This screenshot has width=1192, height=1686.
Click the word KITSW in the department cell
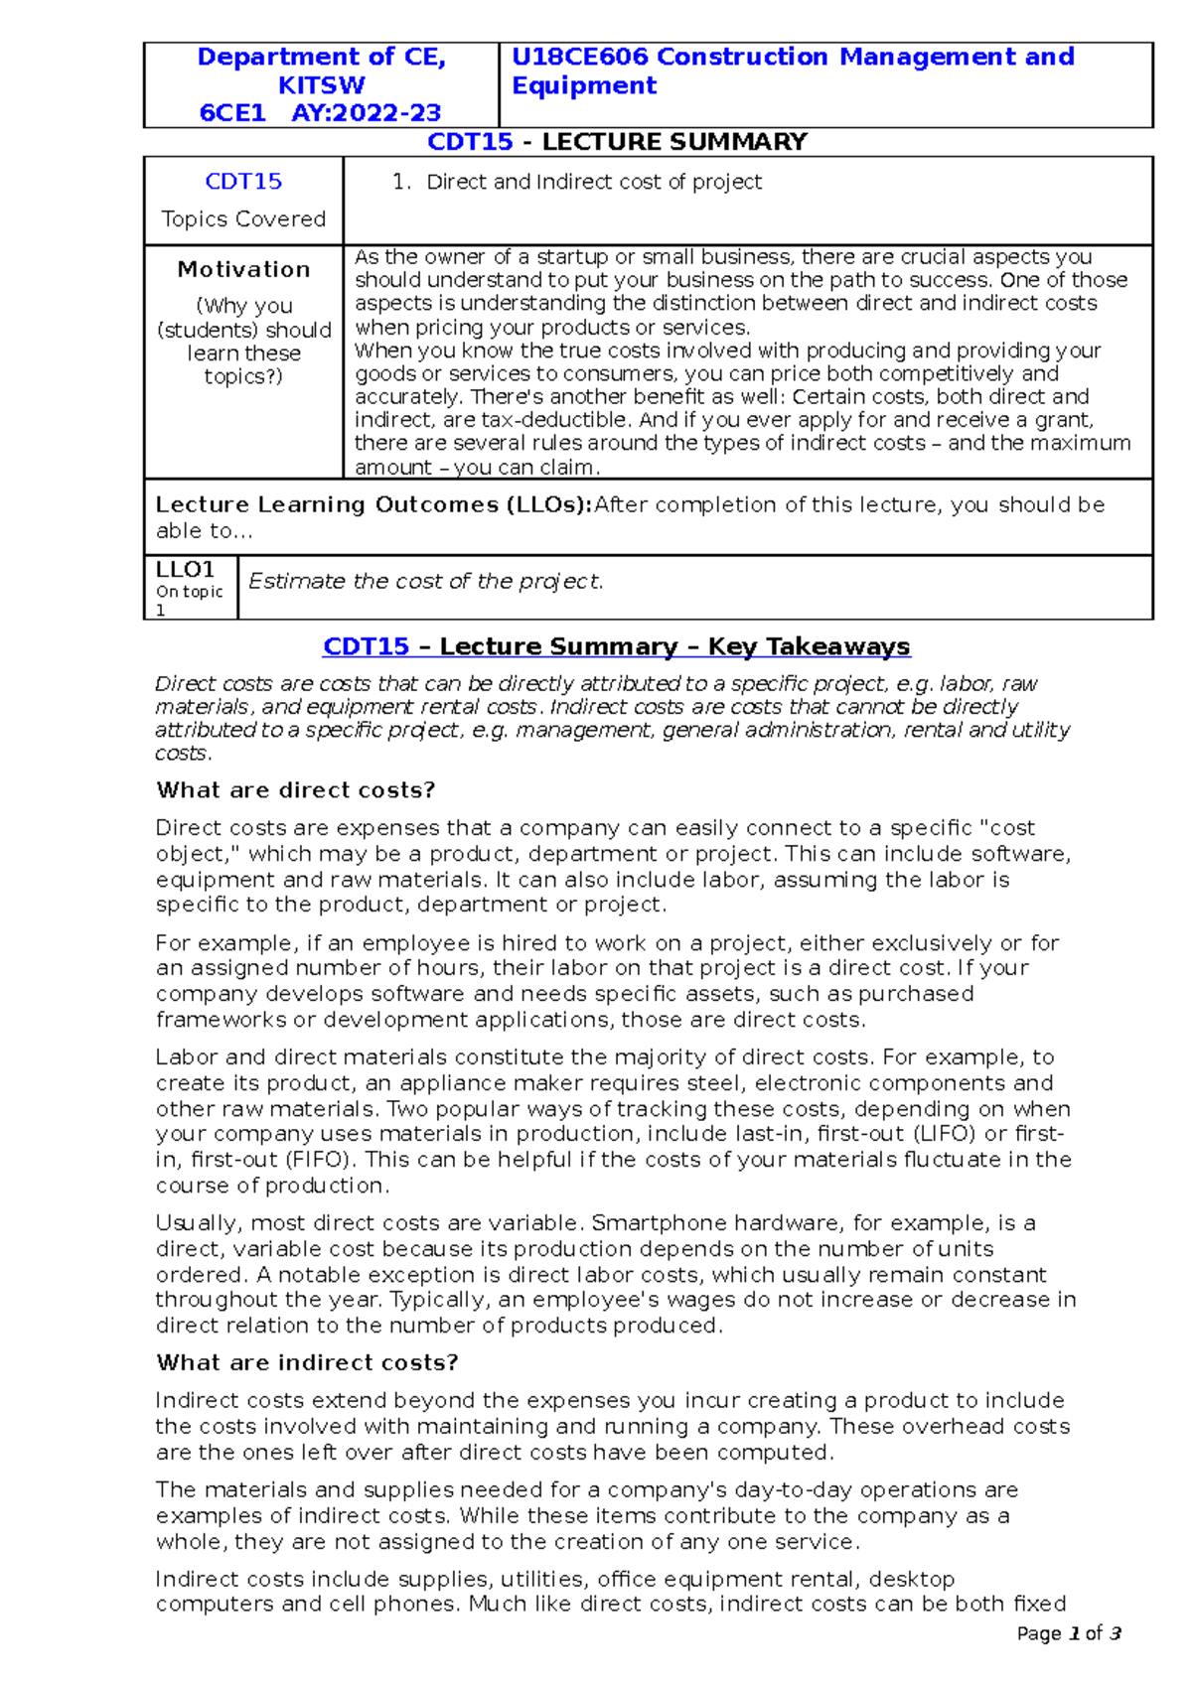coord(321,85)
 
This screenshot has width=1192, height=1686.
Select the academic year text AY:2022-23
coord(367,113)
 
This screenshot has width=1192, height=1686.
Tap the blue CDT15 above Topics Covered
coord(243,182)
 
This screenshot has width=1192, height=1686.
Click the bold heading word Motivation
coord(243,269)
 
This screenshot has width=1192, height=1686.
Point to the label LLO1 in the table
coord(186,570)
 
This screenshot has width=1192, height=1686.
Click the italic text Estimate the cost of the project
coord(425,582)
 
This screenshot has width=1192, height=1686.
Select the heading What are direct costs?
coord(295,790)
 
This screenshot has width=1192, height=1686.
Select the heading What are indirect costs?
coord(306,1362)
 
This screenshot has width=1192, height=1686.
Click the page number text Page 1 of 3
coord(1069,1633)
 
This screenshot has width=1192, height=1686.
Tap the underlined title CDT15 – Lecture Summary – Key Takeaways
coord(616,646)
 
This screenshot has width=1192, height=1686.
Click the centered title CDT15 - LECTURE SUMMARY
coord(616,142)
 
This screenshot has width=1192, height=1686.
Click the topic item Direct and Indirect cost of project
coord(594,182)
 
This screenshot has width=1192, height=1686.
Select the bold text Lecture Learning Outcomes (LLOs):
coord(373,504)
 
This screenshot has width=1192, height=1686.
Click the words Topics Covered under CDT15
coord(243,219)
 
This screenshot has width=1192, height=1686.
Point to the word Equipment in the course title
coord(584,86)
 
